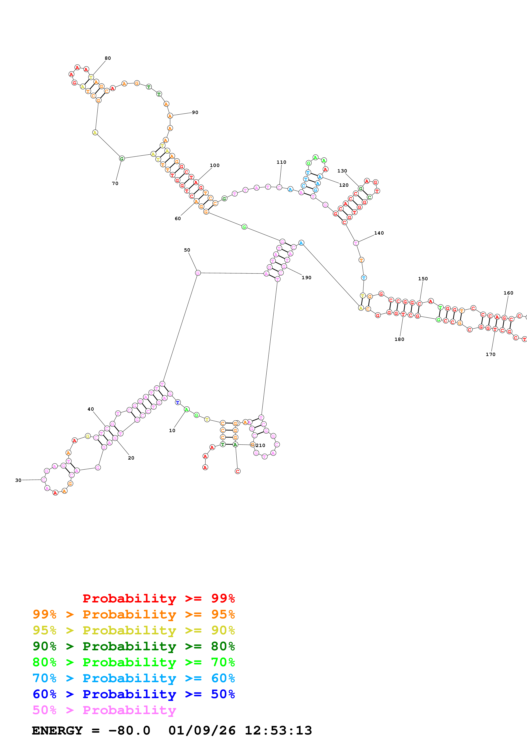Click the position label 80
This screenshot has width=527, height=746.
[108, 58]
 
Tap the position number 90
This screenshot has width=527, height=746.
[195, 112]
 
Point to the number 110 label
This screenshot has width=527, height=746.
[281, 162]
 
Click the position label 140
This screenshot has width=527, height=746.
[379, 233]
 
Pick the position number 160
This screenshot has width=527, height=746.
[508, 293]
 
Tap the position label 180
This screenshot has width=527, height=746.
[399, 339]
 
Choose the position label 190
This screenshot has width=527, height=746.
[306, 278]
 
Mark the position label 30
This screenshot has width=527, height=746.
[18, 480]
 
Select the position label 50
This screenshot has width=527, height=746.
[187, 250]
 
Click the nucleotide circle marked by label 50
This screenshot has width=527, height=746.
[198, 273]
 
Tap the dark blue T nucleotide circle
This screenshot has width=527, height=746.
[178, 402]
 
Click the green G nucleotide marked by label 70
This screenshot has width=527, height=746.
[122, 159]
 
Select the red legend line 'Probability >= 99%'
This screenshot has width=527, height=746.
[158, 598]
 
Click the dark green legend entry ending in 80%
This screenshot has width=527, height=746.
[134, 646]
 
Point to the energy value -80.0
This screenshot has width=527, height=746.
[129, 730]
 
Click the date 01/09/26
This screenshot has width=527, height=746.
[202, 730]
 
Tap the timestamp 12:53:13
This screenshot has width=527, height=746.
[278, 730]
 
